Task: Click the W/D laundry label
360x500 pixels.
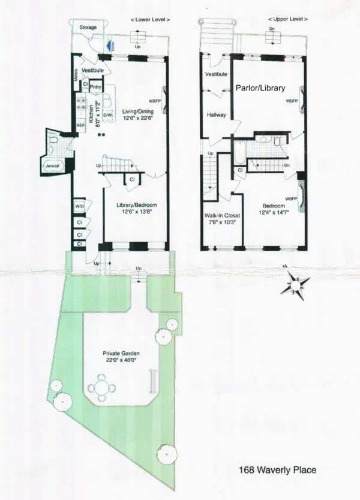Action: pos(80,207)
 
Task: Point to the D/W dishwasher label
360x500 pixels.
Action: pos(109,115)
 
